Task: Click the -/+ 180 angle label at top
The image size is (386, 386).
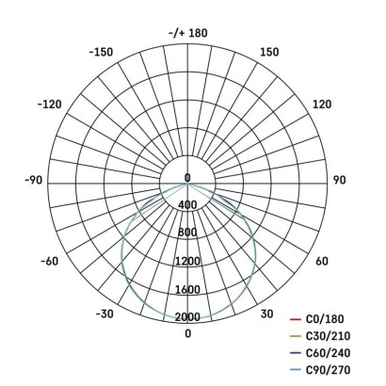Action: tap(187, 33)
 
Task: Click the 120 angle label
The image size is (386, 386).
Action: tap(321, 104)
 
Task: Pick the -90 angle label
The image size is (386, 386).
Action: tap(35, 178)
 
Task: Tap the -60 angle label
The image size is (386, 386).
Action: tap(50, 261)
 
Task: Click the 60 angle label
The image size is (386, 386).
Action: tap(321, 261)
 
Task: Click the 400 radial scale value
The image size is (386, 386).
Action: tap(187, 205)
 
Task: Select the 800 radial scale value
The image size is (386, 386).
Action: tap(187, 233)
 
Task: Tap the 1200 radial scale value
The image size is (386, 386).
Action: tap(187, 261)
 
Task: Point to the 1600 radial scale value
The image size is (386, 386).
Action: tap(187, 290)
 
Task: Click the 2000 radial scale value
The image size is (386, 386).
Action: tap(187, 317)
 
